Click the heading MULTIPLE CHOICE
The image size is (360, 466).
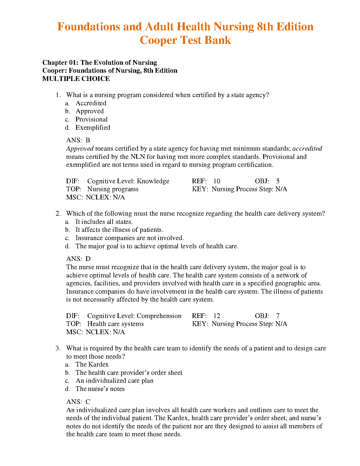(x=76, y=79)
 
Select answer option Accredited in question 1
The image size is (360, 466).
(x=91, y=103)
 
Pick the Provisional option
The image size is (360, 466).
(x=91, y=119)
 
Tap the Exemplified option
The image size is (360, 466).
(x=93, y=128)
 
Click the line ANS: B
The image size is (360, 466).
(x=78, y=140)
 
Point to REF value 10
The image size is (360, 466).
(x=217, y=181)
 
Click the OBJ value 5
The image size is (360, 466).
(x=278, y=181)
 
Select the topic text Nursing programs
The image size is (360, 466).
(x=113, y=189)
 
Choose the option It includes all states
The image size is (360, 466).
(x=104, y=222)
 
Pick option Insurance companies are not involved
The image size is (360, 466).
(x=129, y=238)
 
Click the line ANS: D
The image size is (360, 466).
(x=79, y=259)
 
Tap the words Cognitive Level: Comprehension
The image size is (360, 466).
(x=134, y=316)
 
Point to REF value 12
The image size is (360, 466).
(x=217, y=316)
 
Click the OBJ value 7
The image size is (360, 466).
(x=278, y=316)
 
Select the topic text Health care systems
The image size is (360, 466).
(x=116, y=324)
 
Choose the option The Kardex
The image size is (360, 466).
(x=92, y=365)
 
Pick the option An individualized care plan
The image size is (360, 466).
(x=114, y=381)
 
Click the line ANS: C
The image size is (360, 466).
(x=78, y=402)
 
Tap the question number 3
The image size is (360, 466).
(x=58, y=348)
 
